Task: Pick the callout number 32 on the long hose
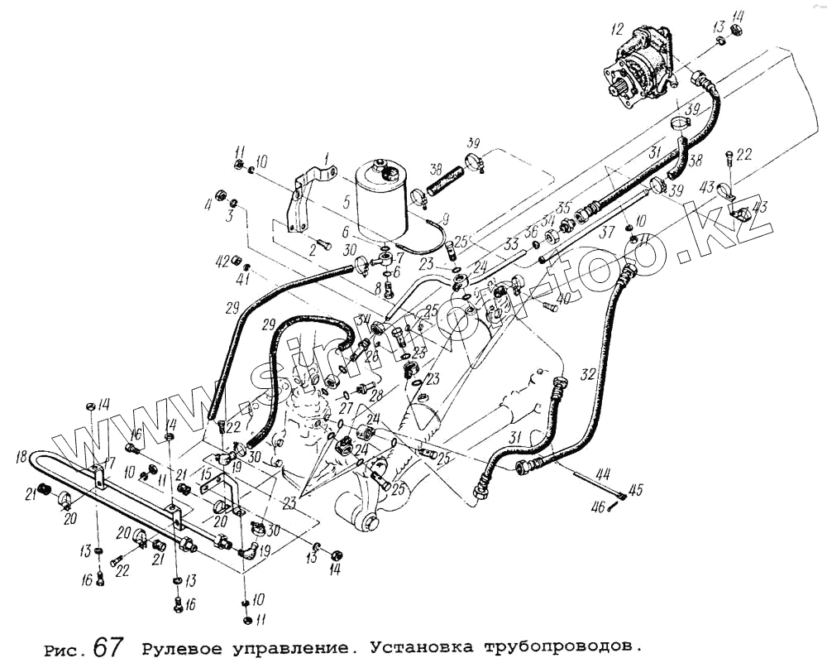coord(587,374)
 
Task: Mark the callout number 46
coord(597,506)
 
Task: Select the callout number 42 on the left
coord(222,261)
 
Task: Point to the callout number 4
coord(209,202)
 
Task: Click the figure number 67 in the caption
coord(108,645)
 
